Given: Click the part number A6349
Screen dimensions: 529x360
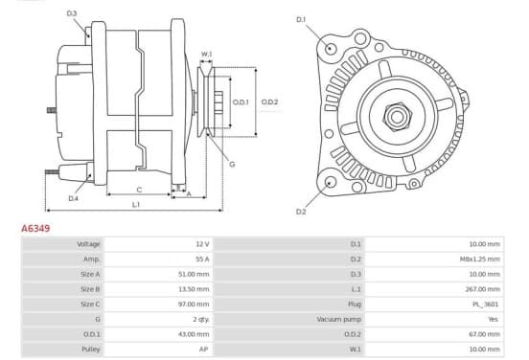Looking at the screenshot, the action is pos(35,228).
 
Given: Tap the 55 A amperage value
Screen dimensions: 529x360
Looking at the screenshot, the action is pos(202,259).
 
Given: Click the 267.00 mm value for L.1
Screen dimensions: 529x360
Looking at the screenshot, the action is pos(484,289).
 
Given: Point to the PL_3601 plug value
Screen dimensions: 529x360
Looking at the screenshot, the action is pos(486,304).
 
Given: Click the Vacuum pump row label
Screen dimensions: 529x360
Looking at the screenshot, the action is pos(338,319).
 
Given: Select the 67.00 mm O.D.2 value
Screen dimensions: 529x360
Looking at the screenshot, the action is pos(484,334).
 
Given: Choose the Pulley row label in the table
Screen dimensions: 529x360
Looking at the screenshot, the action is pos(90,349).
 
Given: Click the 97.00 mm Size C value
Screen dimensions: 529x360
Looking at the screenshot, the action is pos(194,304).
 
